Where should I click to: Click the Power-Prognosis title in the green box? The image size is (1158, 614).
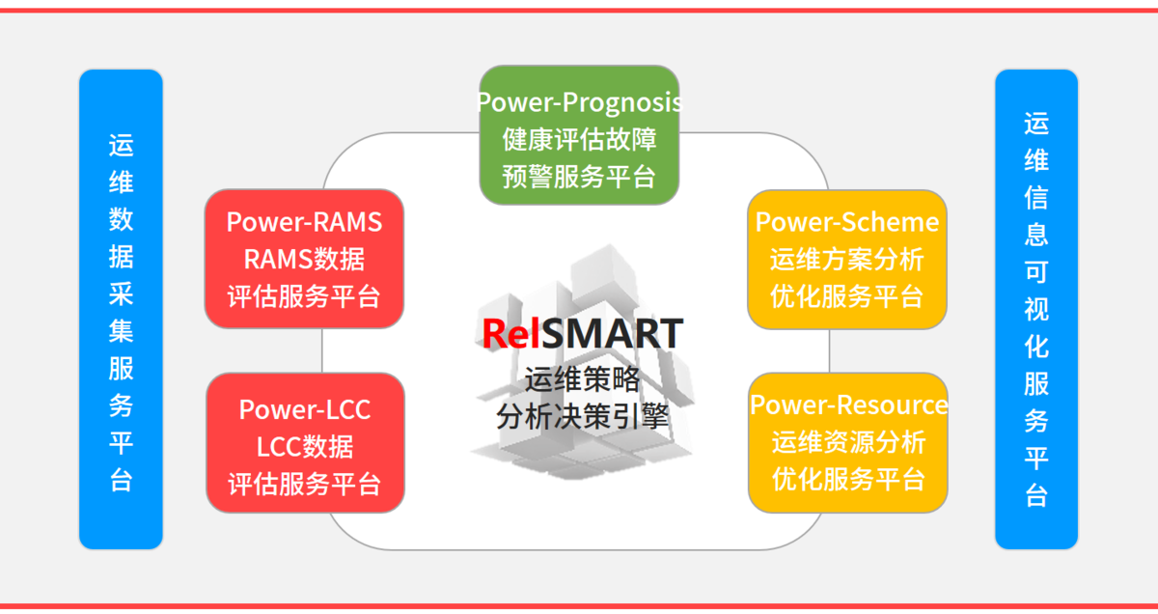tap(580, 102)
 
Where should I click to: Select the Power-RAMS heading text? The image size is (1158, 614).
tap(304, 222)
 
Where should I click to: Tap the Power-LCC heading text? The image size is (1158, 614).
tap(305, 409)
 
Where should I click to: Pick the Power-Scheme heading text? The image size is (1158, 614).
tap(847, 222)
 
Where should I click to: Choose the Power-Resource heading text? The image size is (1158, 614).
tap(849, 405)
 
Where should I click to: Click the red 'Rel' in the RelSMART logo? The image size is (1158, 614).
tap(511, 334)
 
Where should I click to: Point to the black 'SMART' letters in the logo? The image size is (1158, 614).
tap(613, 334)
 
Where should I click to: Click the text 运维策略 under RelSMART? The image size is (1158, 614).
tap(583, 379)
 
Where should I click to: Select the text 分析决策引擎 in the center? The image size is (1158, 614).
tap(583, 416)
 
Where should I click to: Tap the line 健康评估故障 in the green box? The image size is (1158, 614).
tap(580, 140)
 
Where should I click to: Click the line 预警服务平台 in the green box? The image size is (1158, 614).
tap(580, 177)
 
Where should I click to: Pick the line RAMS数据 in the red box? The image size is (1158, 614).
tap(304, 259)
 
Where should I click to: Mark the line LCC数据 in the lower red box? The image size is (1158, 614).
tap(305, 447)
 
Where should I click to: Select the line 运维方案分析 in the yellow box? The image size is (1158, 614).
tap(847, 259)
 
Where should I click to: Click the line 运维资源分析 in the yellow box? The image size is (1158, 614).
tap(849, 442)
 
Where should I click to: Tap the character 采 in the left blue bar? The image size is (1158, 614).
tap(121, 293)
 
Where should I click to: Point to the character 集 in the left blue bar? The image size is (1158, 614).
tap(121, 331)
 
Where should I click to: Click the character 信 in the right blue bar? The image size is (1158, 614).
tap(1036, 198)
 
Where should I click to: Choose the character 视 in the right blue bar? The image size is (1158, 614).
tap(1036, 309)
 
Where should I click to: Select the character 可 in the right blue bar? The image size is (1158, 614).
tap(1036, 272)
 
